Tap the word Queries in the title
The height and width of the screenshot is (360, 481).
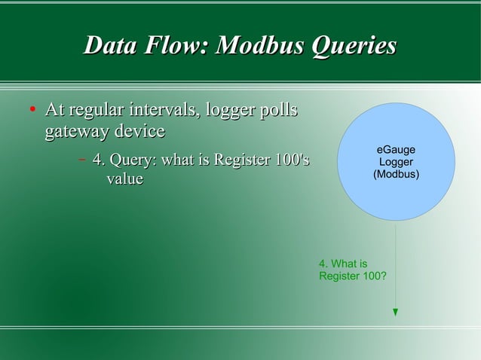[354, 46]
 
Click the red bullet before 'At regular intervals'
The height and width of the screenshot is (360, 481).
[32, 113]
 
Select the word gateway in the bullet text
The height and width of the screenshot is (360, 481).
[74, 132]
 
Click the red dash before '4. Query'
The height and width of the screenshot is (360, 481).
[81, 160]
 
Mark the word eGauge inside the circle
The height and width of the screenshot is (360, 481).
[396, 151]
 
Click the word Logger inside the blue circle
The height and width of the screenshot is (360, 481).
[396, 163]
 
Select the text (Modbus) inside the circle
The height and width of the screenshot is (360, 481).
[396, 175]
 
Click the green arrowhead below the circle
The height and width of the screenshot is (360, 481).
[396, 312]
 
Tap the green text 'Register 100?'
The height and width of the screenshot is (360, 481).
[354, 276]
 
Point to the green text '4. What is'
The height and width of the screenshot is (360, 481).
[343, 264]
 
